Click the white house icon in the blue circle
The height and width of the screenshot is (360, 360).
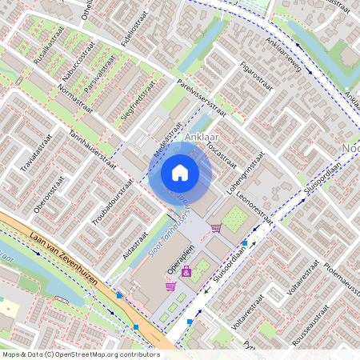180,172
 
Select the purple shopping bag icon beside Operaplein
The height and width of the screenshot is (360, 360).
170,286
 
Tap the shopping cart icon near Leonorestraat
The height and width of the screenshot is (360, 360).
216,228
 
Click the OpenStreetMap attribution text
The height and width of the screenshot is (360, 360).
80,354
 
